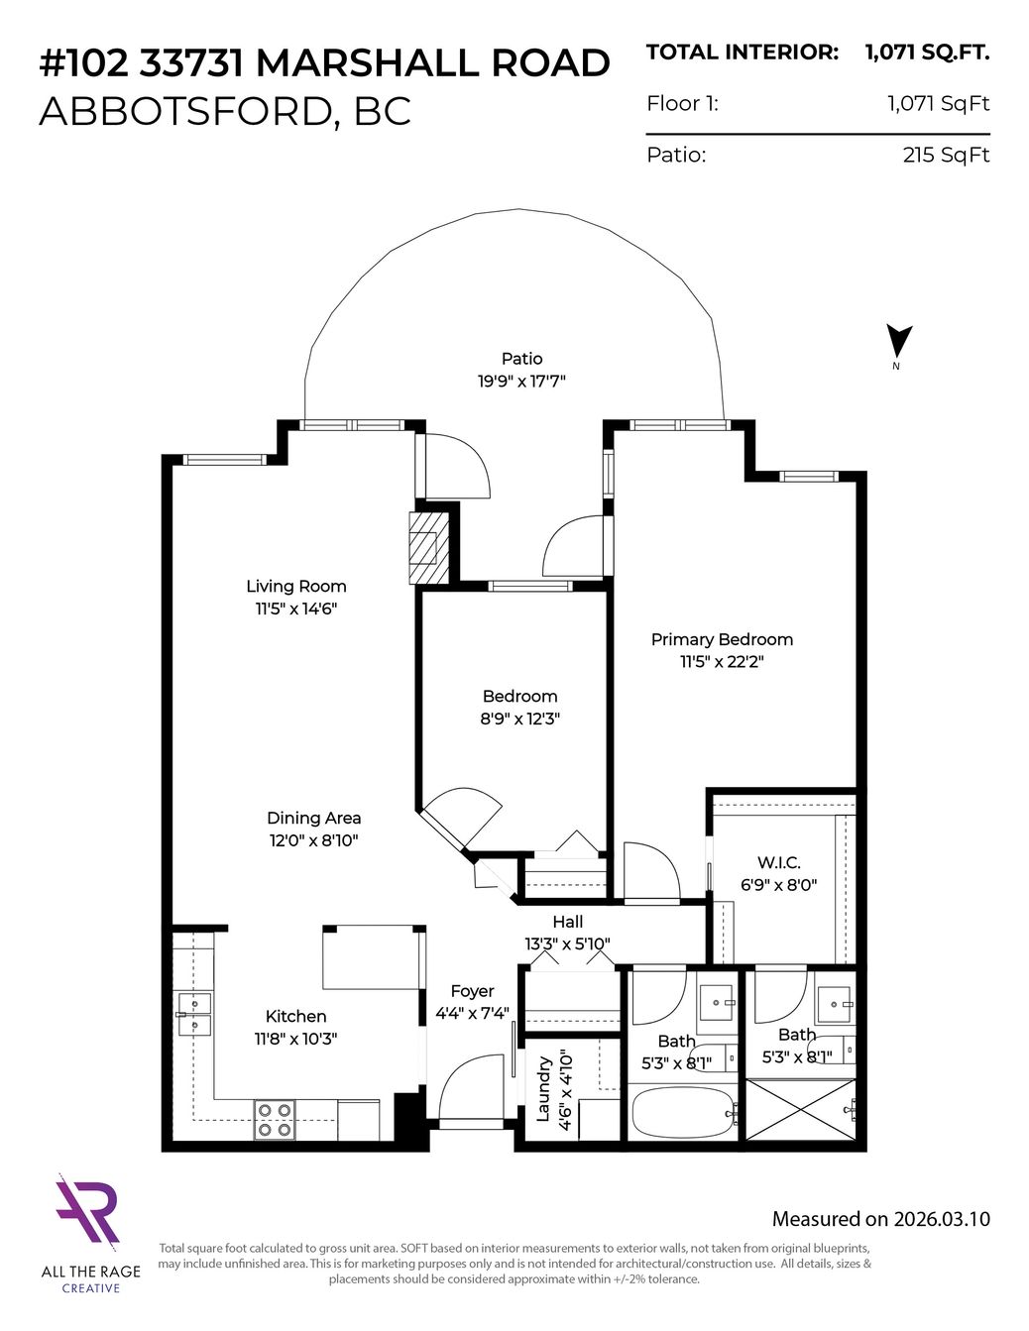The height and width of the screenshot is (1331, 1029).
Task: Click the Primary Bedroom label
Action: pos(722,639)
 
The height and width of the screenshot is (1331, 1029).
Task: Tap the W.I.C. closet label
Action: pos(778,862)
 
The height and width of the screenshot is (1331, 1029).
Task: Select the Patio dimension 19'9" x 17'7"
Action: pos(521,382)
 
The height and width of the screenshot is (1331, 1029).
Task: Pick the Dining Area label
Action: pos(313,818)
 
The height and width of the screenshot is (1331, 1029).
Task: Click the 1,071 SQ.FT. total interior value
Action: pos(927,53)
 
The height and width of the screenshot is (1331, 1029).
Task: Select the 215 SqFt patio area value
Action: pos(946,155)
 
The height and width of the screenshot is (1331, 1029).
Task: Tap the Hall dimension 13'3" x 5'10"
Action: pos(567,943)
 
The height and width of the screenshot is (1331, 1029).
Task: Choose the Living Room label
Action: pos(296,586)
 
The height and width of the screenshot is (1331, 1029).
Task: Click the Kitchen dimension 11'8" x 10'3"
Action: pos(295,1039)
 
